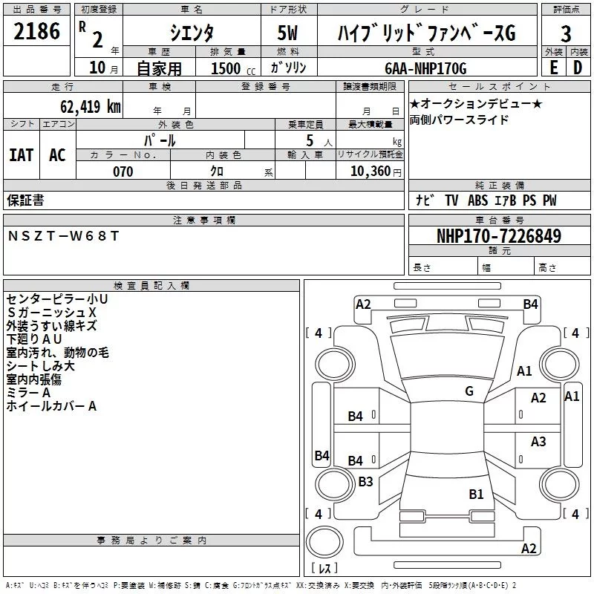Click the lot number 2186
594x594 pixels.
coord(36,31)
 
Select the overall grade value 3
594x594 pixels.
coord(566,34)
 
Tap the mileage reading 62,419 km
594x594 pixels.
coord(90,106)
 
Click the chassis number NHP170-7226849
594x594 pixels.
coord(498,235)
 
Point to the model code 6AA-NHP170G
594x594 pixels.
coord(425,68)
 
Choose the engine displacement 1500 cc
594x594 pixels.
coord(233,68)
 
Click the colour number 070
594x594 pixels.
coord(123,172)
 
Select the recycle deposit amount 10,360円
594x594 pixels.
coord(376,172)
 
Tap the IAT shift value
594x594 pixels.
coord(22,155)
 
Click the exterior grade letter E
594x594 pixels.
coord(554,68)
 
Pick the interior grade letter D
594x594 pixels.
coord(578,68)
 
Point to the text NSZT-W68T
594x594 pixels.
coord(63,236)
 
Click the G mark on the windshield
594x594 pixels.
coord(469,391)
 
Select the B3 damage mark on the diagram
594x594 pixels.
coord(365,481)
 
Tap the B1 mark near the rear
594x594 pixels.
coord(476,494)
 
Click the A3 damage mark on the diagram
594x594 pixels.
coord(538,441)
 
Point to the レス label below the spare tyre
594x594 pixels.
coord(324,567)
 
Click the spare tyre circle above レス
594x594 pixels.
coord(324,542)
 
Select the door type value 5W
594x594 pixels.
coord(287,33)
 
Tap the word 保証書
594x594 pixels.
coord(25,200)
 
